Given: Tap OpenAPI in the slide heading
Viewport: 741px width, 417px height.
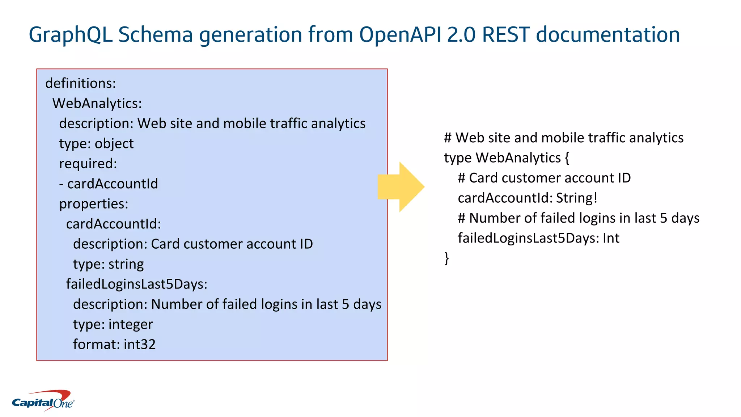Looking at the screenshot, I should coord(400,35).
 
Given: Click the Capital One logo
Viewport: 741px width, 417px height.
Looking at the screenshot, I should coord(43,401).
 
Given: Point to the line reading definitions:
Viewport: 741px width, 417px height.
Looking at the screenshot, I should coord(80,84).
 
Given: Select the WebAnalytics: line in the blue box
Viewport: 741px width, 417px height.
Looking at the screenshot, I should coord(97,104).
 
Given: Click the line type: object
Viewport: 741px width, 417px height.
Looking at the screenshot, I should coord(96,144).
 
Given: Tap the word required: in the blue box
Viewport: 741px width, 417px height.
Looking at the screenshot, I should coord(88,164).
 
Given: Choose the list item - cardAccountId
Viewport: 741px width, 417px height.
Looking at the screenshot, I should coord(109,184).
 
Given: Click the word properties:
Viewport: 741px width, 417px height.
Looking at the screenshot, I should coord(94,204).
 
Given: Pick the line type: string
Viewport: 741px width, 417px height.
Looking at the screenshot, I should coord(108,264).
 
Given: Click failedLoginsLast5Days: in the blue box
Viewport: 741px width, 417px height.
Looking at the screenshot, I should coord(136,284).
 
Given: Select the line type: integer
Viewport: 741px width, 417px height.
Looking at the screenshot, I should coord(113,324).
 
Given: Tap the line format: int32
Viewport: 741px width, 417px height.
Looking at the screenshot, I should coord(114,344).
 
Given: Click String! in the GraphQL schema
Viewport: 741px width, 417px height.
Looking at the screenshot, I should coord(577,198).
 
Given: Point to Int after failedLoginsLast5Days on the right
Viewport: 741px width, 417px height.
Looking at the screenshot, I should coord(611,238).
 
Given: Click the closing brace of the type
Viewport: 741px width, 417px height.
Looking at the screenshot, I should coord(447,258).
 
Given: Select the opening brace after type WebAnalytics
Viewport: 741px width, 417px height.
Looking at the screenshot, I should coord(567,158).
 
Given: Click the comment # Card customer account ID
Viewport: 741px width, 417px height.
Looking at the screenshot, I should coord(544,178).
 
